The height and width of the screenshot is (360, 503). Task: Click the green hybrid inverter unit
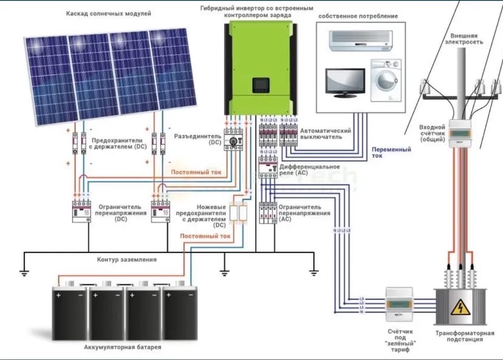259,67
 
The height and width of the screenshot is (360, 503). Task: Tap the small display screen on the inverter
260,83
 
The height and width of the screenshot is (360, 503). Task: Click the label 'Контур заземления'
127,259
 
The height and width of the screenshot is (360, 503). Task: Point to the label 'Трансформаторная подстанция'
459,336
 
